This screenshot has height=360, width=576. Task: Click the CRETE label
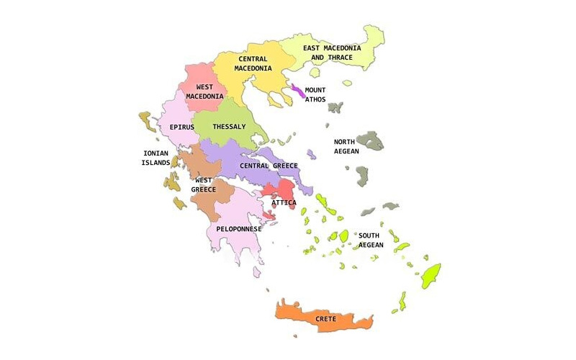(325, 318)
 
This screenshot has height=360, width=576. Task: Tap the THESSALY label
(229, 127)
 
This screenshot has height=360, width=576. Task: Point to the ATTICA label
(284, 203)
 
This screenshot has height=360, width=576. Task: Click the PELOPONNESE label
(238, 229)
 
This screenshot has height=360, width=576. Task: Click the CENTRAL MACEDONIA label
(252, 64)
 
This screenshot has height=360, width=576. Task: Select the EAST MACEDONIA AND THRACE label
(332, 53)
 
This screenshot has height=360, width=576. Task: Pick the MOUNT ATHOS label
(315, 95)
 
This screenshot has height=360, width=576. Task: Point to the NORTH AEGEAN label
(346, 147)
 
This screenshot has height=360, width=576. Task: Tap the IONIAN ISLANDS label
(156, 158)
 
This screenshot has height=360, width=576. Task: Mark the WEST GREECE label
(204, 184)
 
